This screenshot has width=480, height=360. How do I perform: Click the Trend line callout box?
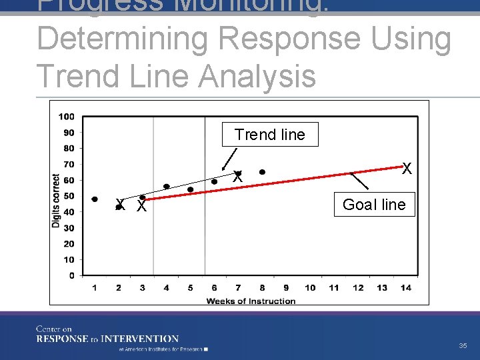[270, 135]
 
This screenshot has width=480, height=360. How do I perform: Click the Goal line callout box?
[374, 205]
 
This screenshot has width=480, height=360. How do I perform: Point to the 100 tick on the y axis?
[66, 117]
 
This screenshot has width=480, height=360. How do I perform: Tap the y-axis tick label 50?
[68, 196]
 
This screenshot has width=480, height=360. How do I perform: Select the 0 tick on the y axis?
[71, 275]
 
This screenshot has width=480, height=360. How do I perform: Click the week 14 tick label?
[406, 288]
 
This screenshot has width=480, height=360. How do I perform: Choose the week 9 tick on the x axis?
[286, 288]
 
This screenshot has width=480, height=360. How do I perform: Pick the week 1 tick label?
[95, 288]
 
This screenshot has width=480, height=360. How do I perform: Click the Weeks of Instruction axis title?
[251, 301]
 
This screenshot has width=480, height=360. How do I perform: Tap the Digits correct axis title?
[56, 200]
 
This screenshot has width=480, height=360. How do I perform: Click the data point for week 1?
[95, 199]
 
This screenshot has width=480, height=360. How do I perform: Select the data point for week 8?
[262, 172]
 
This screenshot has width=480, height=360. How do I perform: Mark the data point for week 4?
[167, 187]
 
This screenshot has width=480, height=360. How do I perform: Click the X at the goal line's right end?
[407, 169]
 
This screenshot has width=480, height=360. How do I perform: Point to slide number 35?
[463, 346]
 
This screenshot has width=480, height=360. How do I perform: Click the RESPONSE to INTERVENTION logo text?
[107, 339]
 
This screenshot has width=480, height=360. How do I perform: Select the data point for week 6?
[214, 181]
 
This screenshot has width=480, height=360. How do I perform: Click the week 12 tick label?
[358, 288]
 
